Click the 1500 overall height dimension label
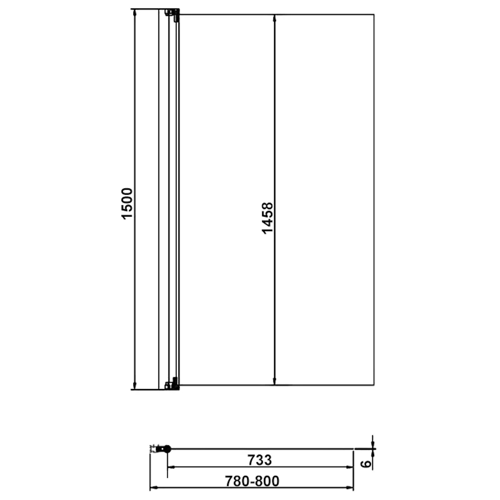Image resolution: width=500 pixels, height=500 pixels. [x=127, y=203]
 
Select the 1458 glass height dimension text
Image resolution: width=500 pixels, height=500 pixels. [x=267, y=218]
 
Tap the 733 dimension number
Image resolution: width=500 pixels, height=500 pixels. [x=259, y=460]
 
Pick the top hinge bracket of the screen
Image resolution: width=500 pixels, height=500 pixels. [x=173, y=14]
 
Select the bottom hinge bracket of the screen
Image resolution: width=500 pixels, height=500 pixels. [x=173, y=384]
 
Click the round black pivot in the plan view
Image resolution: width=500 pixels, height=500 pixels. [x=167, y=449]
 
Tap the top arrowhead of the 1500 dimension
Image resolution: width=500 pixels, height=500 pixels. [x=135, y=12]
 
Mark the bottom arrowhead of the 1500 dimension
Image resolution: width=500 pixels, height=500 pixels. [x=135, y=386]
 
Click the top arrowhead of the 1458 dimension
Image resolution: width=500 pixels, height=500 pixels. [x=274, y=18]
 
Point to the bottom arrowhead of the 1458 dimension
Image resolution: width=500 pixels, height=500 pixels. [x=274, y=381]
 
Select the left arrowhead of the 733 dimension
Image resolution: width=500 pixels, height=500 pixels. [x=171, y=467]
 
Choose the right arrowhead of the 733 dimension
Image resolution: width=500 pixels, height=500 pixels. [x=350, y=467]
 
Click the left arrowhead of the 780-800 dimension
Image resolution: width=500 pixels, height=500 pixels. [x=154, y=487]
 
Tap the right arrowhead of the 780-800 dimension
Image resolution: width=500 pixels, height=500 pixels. [x=350, y=487]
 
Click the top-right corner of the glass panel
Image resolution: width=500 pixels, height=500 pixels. [x=374, y=15]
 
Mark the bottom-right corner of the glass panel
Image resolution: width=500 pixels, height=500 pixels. [x=374, y=385]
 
